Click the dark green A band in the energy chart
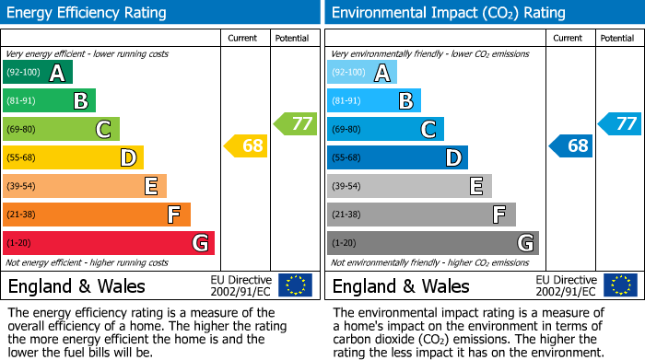(x=37, y=73)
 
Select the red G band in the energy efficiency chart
(x=108, y=243)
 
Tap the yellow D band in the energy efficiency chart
(x=73, y=158)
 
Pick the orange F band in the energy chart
(x=96, y=215)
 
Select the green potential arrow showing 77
(x=296, y=123)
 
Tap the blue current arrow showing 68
(x=571, y=145)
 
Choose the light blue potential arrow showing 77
(x=620, y=123)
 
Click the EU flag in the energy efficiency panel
(x=295, y=285)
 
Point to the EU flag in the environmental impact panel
(x=620, y=285)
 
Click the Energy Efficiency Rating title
(x=88, y=13)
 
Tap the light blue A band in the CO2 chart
(x=361, y=73)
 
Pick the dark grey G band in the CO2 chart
(x=432, y=243)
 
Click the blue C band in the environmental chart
(x=385, y=130)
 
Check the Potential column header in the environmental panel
(x=617, y=38)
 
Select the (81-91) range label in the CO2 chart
(x=346, y=101)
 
